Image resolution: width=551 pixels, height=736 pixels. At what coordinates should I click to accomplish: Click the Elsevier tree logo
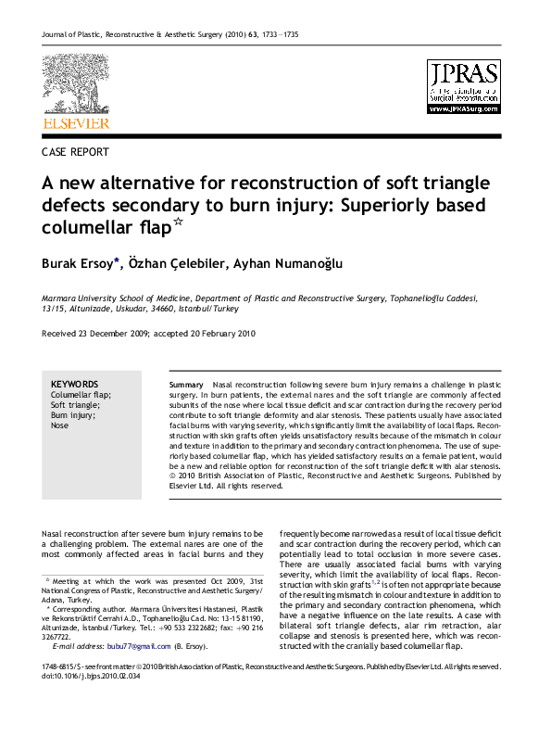(x=75, y=84)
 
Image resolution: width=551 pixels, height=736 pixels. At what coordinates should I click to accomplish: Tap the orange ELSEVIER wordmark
(x=76, y=123)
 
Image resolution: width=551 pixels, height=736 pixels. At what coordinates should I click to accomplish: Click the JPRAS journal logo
(x=462, y=86)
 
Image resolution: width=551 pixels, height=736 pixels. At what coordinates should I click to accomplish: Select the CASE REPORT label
(x=75, y=152)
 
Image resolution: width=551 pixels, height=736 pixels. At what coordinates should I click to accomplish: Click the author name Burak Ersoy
(x=79, y=263)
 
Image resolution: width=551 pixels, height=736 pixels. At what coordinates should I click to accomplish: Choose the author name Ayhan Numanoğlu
(x=288, y=263)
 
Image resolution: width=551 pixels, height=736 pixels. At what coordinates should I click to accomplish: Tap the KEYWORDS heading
(x=74, y=384)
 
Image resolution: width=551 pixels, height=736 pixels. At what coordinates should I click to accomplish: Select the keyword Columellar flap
(x=81, y=395)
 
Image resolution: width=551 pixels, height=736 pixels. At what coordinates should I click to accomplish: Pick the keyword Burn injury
(x=73, y=415)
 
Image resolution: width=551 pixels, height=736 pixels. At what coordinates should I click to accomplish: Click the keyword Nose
(x=59, y=426)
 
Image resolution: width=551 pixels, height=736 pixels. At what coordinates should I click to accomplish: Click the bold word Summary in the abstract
(x=187, y=384)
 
